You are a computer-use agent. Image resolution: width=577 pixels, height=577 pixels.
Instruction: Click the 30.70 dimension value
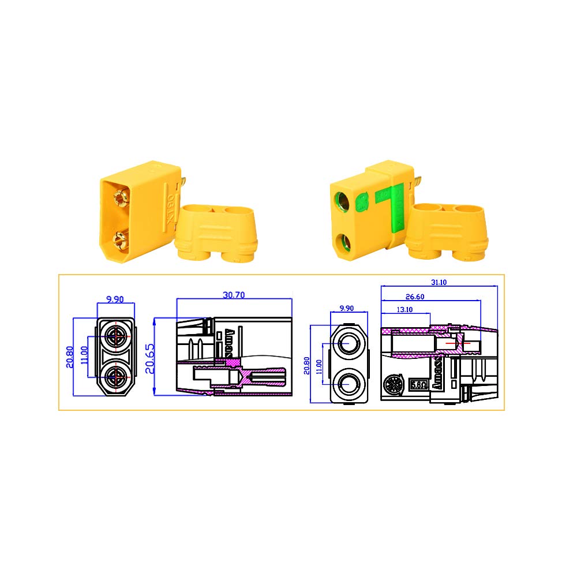234,294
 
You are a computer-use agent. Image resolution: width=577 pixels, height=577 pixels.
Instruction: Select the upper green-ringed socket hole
342,203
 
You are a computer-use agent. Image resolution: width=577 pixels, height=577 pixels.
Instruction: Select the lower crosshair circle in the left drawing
117,376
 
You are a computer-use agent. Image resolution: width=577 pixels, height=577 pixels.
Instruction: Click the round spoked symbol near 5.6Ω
394,383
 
